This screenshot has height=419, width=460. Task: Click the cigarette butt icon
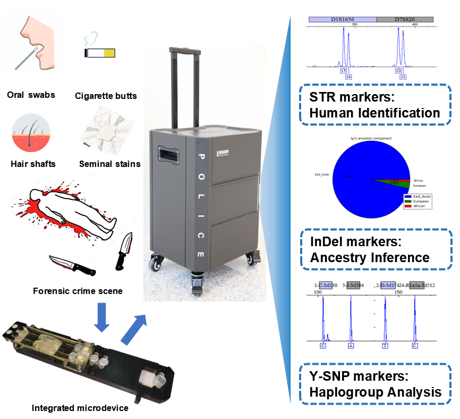click(100, 52)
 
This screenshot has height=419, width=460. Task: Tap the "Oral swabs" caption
click(31, 95)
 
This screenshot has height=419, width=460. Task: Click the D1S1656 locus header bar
click(343, 19)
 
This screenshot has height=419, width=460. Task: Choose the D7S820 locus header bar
click(405, 19)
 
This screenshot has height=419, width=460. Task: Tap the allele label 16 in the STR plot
click(348, 77)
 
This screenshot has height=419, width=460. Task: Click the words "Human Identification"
click(374, 113)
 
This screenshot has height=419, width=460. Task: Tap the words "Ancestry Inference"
click(369, 257)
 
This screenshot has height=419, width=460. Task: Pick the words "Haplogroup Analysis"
click(375, 392)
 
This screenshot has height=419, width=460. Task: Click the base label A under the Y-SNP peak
click(351, 346)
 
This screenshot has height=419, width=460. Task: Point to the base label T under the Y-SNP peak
click(385, 346)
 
